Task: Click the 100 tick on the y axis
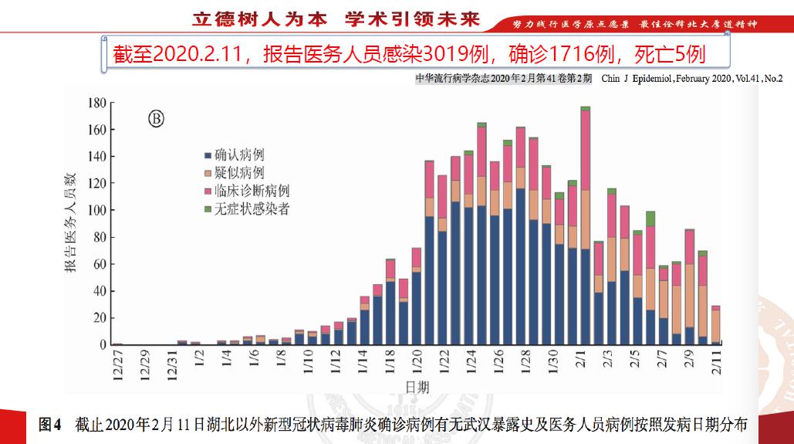click(x=96, y=211)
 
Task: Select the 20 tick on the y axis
click(x=99, y=318)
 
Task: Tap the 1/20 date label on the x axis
click(x=417, y=361)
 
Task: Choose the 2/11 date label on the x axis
click(x=717, y=361)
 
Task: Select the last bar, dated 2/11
click(x=716, y=325)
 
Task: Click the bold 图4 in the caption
click(x=50, y=425)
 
